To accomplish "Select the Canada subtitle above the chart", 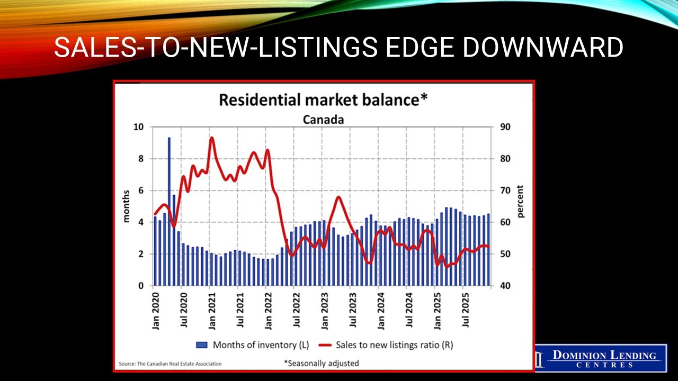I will pyautogui.click(x=323, y=120).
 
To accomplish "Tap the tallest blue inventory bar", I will pyautogui.click(x=169, y=212).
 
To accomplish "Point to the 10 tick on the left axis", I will pyautogui.click(x=138, y=127).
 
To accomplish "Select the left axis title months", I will pyautogui.click(x=126, y=206).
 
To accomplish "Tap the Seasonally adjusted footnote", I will pyautogui.click(x=322, y=363).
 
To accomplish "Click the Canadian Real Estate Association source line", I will pyautogui.click(x=170, y=364).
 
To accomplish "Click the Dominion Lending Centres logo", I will pyautogui.click(x=601, y=358).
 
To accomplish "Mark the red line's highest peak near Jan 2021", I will pyautogui.click(x=211, y=138).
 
